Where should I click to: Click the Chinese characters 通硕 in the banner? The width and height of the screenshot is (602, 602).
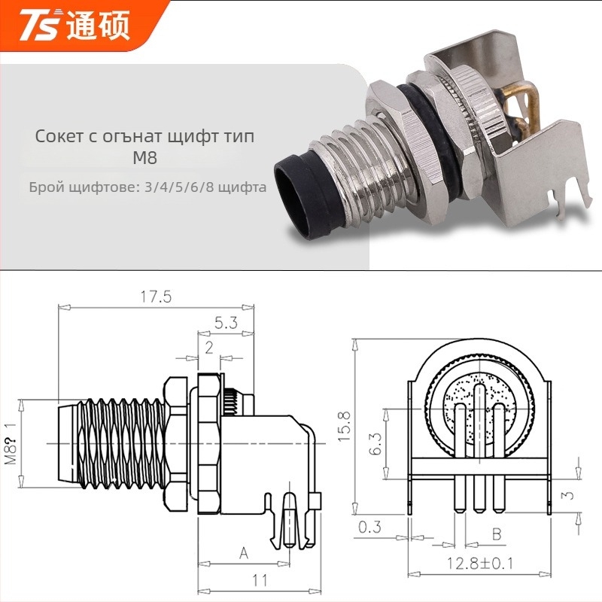99,26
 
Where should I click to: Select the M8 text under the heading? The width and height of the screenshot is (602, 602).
144,158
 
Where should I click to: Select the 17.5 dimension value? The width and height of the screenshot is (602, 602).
156,296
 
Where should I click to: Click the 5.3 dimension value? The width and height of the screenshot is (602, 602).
226,324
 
